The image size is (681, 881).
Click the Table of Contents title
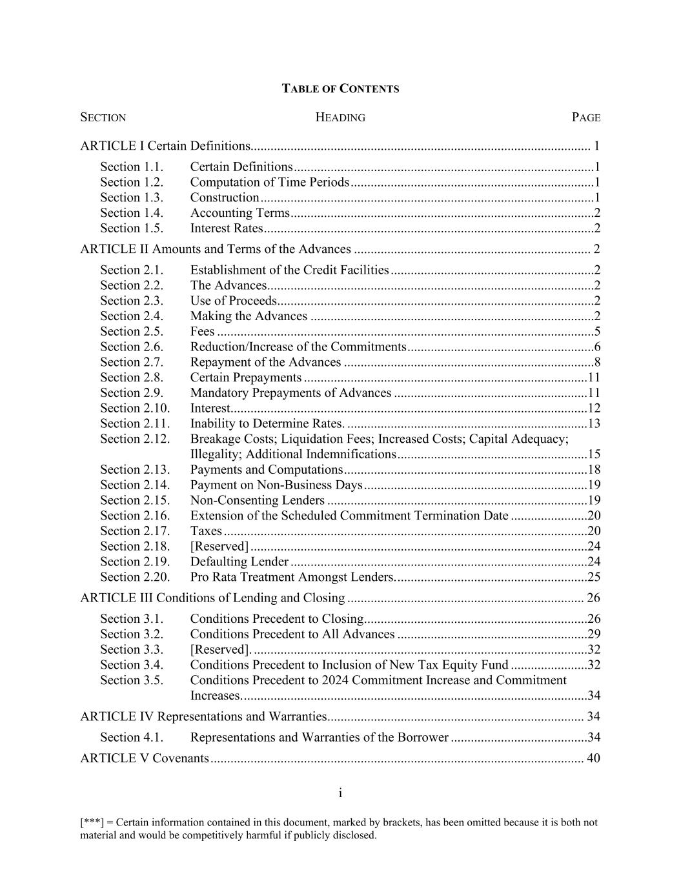pos(340,89)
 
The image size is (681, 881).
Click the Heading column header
pos(340,117)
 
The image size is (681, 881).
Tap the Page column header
pos(585,117)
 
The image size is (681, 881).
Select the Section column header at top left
pos(103,117)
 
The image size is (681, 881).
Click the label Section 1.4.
pos(132,213)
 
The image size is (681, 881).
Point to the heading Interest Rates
pos(227,228)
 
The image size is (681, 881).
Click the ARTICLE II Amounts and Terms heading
pos(216,249)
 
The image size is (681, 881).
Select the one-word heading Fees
pos(202,332)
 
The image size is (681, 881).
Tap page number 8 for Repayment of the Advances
pos(597,363)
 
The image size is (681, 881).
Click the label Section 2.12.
pos(135,440)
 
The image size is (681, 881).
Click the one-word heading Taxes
pos(206,531)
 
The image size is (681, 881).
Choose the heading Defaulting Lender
pos(239,562)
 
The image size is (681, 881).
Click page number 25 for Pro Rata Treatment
pos(594,578)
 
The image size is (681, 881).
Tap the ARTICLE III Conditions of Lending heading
pos(212,598)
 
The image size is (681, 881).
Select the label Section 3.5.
pos(132,680)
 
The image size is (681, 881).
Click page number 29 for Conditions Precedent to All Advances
pos(594,634)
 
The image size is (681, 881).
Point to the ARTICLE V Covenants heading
pos(145,758)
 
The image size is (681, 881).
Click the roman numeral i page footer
pos(340,793)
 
